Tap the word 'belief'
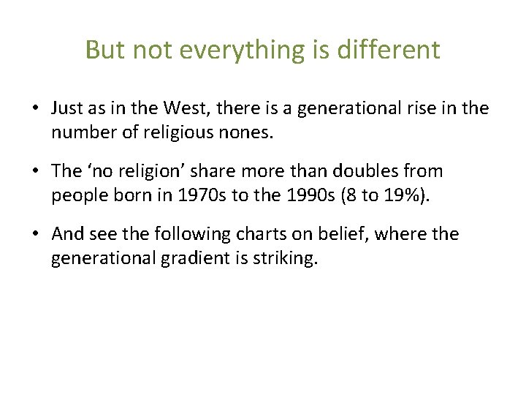[337, 234]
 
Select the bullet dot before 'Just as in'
[35, 109]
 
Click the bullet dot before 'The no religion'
[35, 172]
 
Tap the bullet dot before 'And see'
[35, 235]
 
